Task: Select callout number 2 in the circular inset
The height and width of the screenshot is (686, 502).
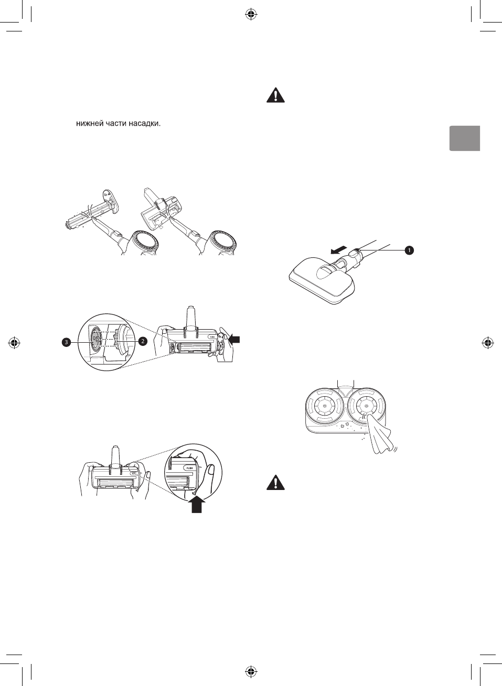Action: coord(142,341)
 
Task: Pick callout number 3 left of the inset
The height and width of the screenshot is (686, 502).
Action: coord(66,342)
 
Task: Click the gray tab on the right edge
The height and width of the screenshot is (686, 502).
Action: coord(464,138)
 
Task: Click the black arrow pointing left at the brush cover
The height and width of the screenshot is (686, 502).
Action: coord(236,339)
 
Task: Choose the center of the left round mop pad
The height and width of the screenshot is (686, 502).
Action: coord(324,406)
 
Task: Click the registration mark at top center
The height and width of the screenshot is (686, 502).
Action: coord(251,15)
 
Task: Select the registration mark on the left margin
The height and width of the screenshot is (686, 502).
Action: coord(15,343)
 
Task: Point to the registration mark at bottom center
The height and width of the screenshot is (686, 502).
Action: coord(251,671)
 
